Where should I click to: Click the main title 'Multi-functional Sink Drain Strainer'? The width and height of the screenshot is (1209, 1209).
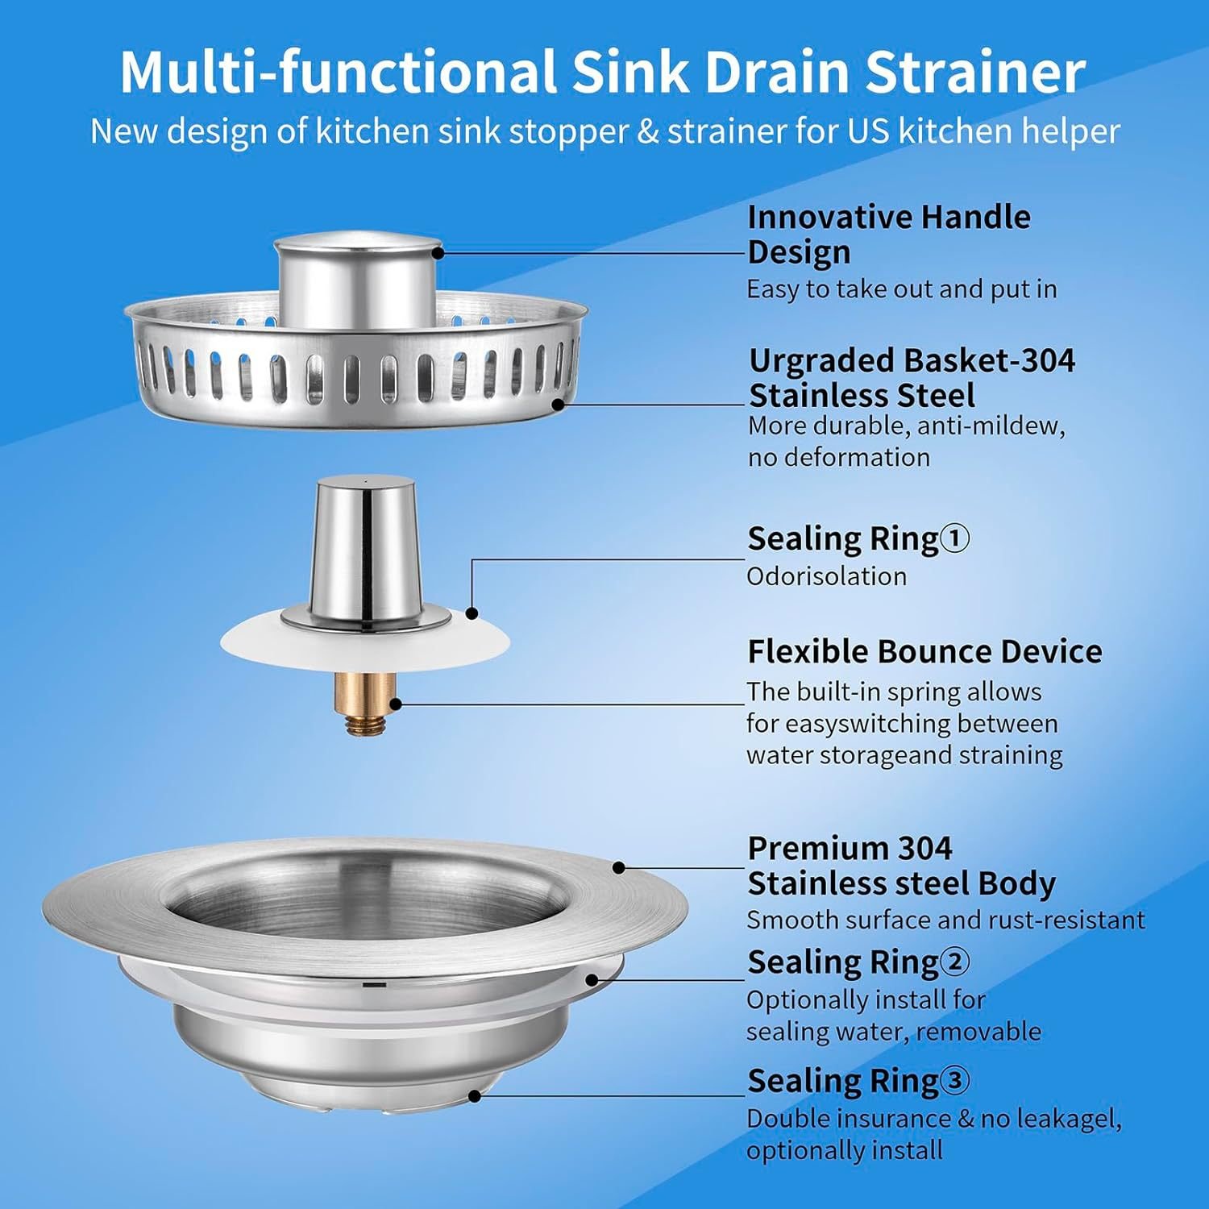click(x=603, y=73)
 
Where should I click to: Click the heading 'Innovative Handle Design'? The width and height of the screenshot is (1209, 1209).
click(x=888, y=234)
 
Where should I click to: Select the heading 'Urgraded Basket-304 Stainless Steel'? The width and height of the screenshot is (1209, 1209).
click(x=911, y=378)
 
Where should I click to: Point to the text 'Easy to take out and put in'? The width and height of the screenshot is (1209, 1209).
click(x=901, y=289)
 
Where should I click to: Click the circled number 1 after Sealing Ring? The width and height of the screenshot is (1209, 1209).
click(x=955, y=538)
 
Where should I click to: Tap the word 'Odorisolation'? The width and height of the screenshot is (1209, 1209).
click(x=826, y=576)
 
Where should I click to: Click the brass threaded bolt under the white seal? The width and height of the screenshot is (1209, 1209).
click(x=365, y=703)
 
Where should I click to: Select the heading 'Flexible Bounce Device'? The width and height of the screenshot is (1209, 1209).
click(x=924, y=651)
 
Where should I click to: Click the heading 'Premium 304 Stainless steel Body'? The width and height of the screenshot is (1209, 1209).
click(x=901, y=866)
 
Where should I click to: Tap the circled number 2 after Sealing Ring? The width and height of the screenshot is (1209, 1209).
click(x=955, y=962)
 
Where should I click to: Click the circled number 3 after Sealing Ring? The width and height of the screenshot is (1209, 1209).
click(x=955, y=1080)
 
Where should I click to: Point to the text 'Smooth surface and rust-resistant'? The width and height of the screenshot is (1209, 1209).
click(x=945, y=920)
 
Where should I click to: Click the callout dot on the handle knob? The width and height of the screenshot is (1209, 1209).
click(x=438, y=252)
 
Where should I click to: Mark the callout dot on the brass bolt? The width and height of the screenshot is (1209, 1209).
click(x=396, y=704)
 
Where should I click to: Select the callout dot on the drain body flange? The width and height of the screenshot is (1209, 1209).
click(x=618, y=868)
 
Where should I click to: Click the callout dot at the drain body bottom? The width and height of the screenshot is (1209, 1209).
click(x=475, y=1096)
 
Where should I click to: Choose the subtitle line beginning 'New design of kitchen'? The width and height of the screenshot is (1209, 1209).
click(x=604, y=131)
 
